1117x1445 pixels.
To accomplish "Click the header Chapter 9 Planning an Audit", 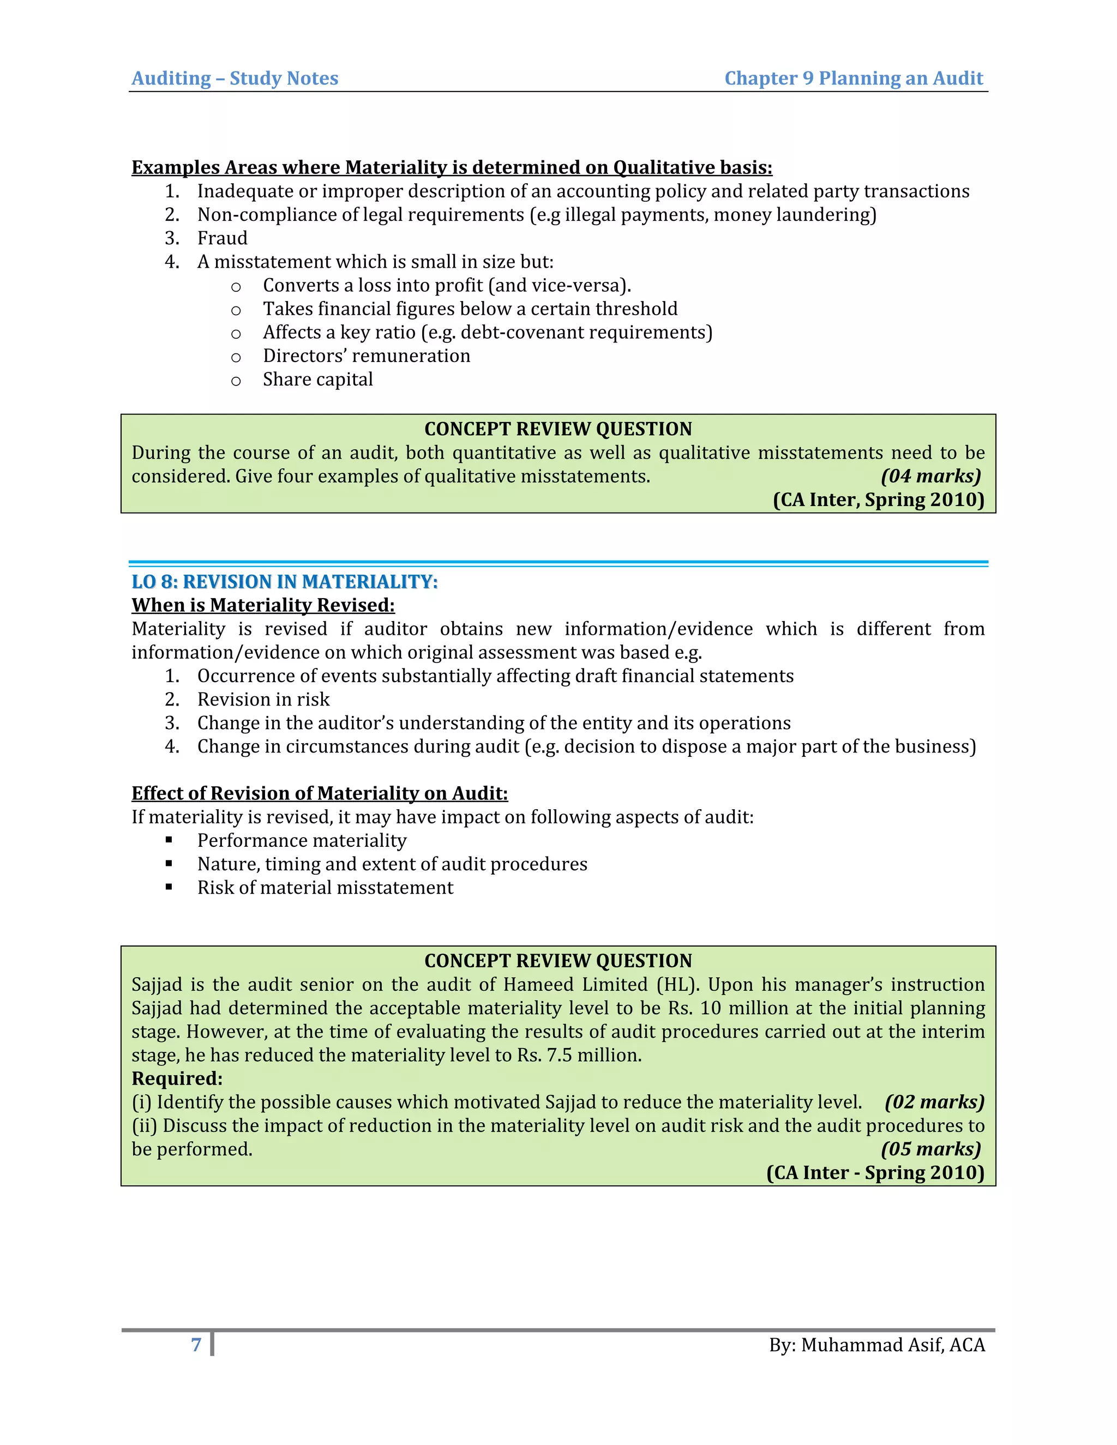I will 853,79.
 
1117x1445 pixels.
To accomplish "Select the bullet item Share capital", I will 317,380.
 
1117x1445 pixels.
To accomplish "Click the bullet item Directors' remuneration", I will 366,356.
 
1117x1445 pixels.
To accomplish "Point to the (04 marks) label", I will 930,477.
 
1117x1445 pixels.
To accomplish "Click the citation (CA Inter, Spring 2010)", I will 878,499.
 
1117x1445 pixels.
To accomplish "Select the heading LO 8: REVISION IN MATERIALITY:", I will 285,582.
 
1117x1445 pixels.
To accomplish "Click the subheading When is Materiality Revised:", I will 263,605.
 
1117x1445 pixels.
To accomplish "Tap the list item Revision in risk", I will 263,700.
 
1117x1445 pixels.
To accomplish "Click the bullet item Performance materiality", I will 301,841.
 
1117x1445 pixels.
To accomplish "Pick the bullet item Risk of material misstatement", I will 325,888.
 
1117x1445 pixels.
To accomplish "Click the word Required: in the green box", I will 177,1079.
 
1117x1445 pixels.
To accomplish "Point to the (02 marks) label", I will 934,1102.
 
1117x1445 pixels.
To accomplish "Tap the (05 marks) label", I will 930,1149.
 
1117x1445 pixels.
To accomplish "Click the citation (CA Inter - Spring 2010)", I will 875,1173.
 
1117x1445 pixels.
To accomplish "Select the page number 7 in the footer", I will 196,1345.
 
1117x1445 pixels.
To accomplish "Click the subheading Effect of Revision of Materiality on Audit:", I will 319,793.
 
